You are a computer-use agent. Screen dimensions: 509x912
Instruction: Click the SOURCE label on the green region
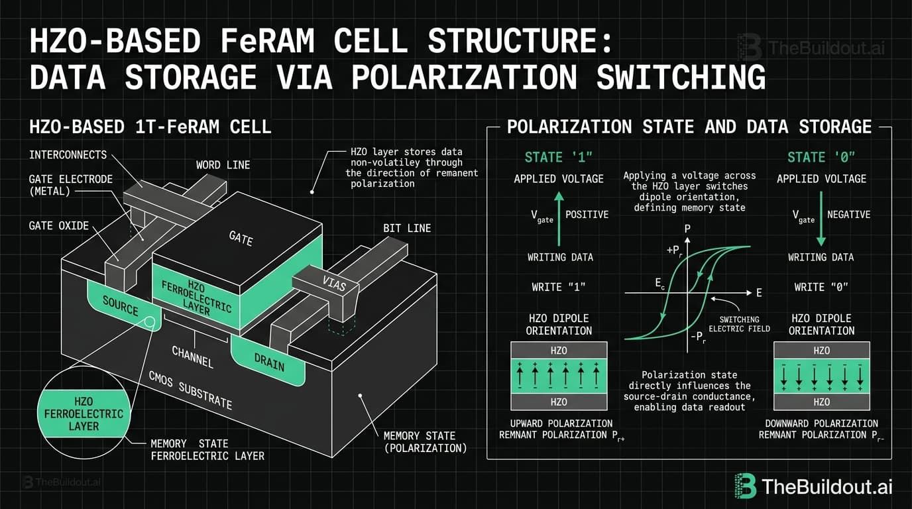click(121, 306)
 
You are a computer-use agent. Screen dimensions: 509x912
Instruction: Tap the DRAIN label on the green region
click(269, 361)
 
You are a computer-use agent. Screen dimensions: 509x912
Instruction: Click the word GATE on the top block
click(241, 238)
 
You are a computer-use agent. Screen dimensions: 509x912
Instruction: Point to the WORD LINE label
click(223, 164)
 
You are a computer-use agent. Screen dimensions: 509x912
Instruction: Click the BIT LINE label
click(407, 228)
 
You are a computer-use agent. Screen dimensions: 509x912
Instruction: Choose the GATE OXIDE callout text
click(58, 225)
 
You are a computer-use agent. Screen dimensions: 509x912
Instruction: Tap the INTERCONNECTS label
click(68, 154)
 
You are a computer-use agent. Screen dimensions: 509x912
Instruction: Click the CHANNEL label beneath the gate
click(192, 356)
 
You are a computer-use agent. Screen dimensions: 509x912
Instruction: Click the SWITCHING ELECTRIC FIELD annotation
click(739, 323)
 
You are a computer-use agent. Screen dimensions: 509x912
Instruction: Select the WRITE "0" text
click(821, 288)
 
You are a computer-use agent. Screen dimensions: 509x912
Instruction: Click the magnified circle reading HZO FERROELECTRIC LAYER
click(80, 414)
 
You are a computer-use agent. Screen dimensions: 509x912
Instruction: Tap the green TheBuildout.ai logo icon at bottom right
click(746, 486)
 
